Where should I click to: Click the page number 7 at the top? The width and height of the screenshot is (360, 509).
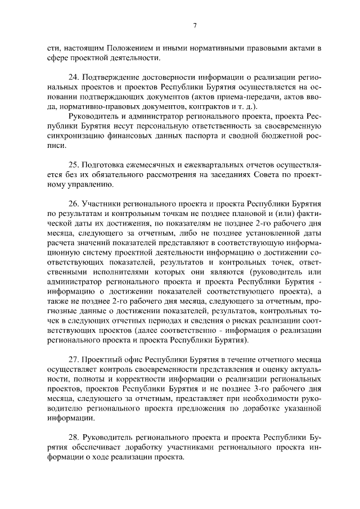[193, 24]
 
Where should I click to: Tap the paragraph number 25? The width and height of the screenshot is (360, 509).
[72, 165]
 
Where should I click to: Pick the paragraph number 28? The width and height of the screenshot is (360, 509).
[72, 438]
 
